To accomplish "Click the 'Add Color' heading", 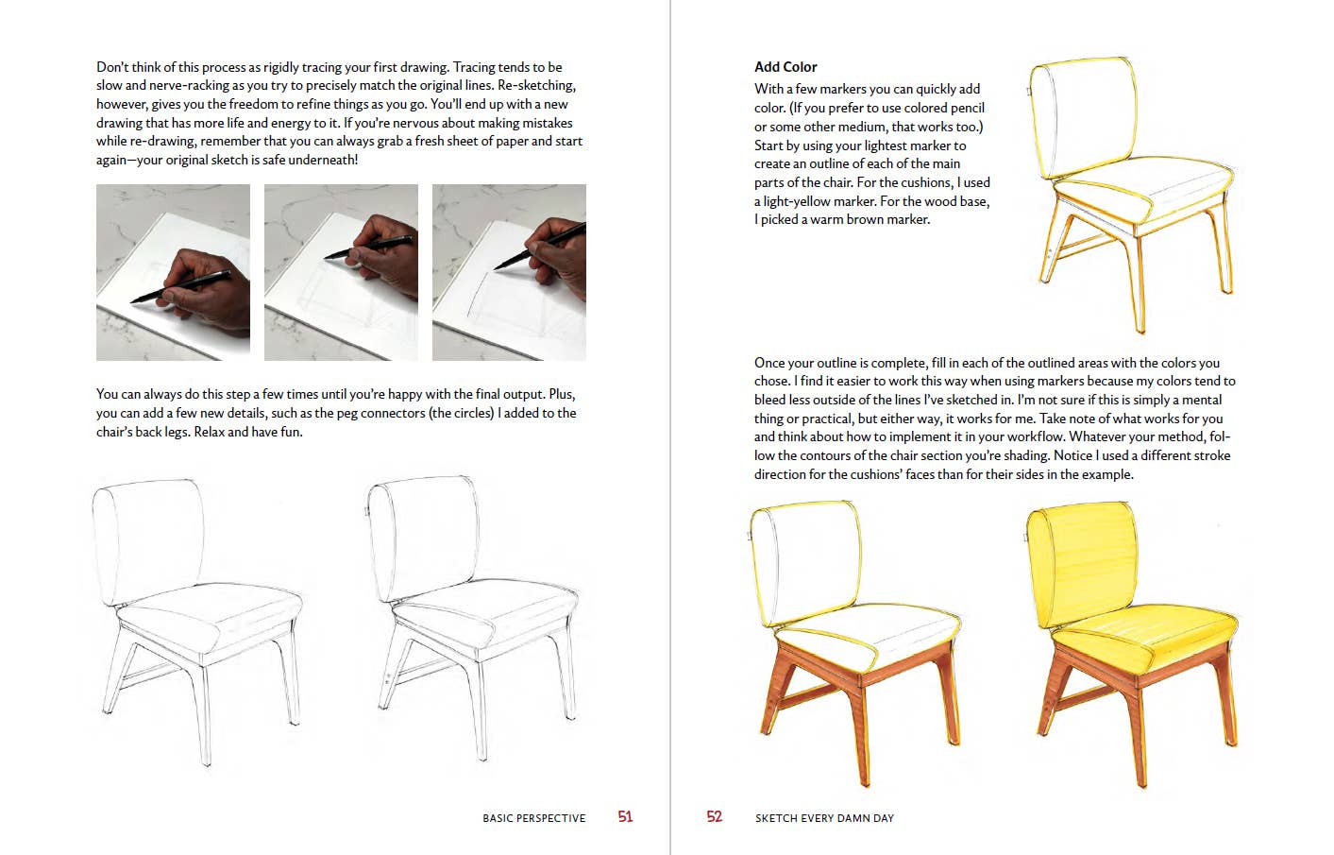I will click(x=785, y=67).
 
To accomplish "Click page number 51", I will click(x=625, y=817).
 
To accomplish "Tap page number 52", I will click(x=714, y=817).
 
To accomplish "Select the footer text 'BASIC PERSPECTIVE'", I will click(x=533, y=818).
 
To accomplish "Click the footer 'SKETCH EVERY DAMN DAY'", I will click(x=824, y=818).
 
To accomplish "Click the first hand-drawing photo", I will click(x=173, y=272).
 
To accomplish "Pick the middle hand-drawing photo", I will click(x=341, y=272).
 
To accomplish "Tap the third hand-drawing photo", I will click(x=509, y=272).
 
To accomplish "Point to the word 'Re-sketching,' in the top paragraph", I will click(x=536, y=86).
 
